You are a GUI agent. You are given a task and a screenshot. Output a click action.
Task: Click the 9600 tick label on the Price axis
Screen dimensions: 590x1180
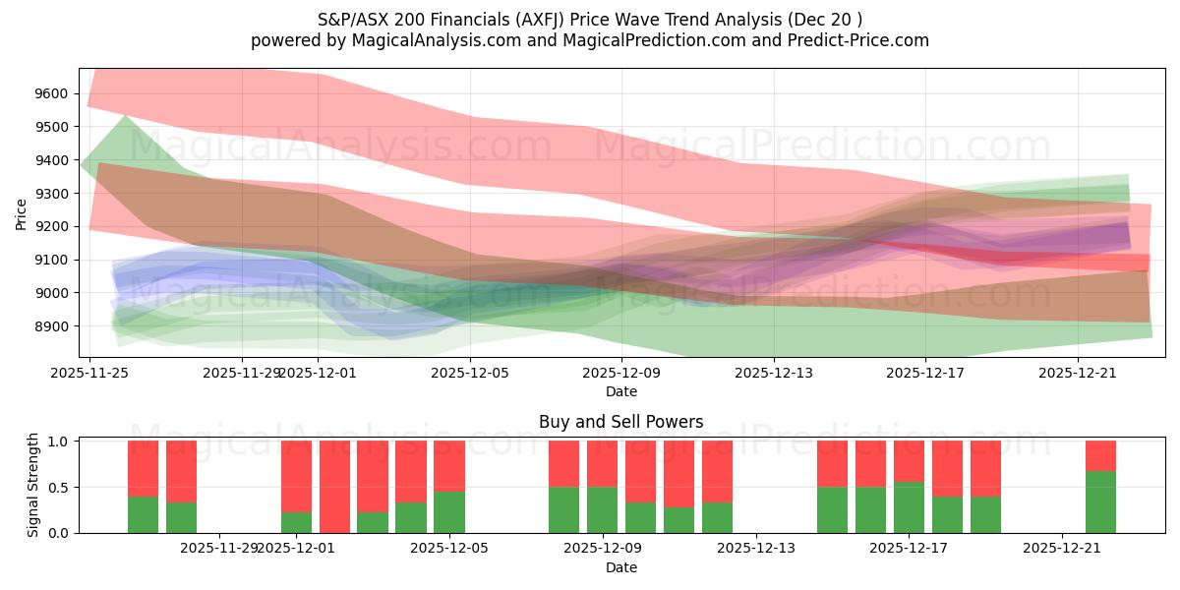click(52, 93)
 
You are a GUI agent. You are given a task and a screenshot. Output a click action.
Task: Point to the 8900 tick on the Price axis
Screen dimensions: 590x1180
click(52, 326)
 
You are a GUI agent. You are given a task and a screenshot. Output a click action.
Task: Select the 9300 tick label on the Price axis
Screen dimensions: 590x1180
click(52, 194)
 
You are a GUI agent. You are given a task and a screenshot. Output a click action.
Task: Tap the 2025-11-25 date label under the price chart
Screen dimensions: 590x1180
click(89, 373)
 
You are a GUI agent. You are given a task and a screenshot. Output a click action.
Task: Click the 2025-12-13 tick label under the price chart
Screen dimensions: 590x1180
click(774, 373)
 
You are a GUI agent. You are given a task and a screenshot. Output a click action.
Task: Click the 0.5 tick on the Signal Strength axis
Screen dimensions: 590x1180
click(61, 487)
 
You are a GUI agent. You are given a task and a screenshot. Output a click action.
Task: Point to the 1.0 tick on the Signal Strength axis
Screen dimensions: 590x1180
click(61, 442)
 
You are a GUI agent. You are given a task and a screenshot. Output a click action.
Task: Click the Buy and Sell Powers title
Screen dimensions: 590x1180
click(620, 422)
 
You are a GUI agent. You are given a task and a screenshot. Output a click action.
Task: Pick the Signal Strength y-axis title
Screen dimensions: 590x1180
click(32, 486)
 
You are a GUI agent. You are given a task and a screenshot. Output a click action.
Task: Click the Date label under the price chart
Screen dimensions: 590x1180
click(620, 391)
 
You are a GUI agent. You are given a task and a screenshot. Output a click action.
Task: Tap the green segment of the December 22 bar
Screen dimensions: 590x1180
click(1100, 501)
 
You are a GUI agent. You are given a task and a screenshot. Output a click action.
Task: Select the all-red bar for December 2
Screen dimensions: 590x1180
click(334, 487)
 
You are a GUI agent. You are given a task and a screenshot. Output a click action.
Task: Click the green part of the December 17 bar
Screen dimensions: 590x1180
click(909, 507)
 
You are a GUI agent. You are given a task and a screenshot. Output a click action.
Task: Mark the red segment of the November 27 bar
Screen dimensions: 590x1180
click(181, 471)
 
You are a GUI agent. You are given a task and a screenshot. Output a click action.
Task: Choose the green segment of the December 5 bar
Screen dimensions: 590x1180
click(449, 512)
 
